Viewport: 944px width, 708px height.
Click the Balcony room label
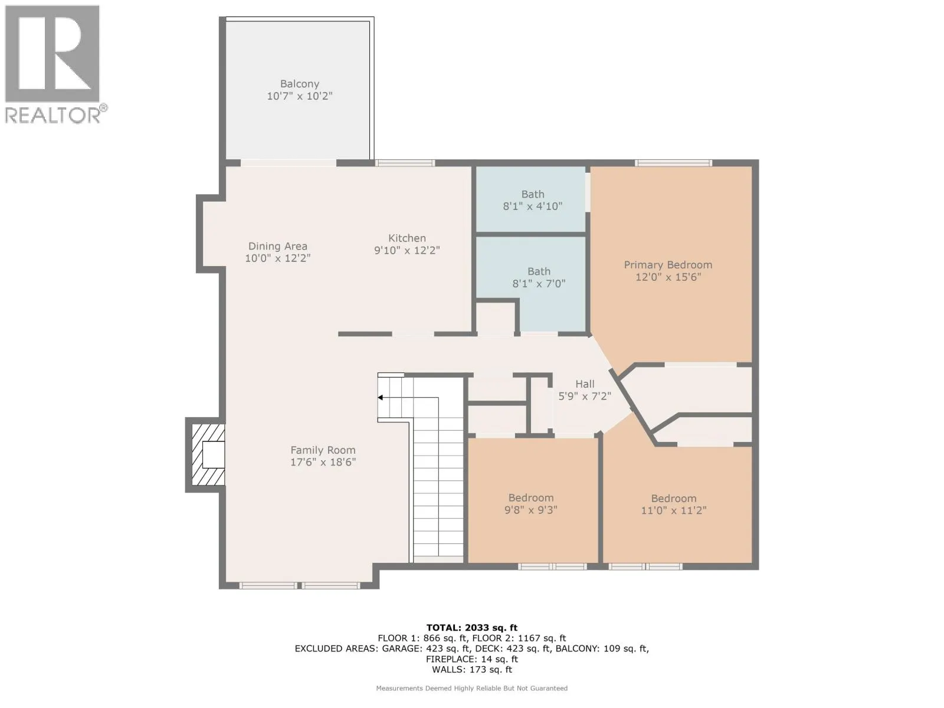(x=299, y=84)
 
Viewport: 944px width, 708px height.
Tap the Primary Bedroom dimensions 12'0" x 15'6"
(x=668, y=277)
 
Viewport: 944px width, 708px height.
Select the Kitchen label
(x=407, y=238)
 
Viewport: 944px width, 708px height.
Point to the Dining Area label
(x=278, y=246)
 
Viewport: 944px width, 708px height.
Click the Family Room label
(x=323, y=450)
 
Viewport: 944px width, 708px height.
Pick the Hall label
(x=585, y=384)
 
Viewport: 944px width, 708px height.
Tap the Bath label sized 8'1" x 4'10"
(x=533, y=194)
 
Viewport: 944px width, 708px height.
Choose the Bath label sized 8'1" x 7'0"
(x=539, y=271)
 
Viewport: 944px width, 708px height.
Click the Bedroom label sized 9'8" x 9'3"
(x=530, y=498)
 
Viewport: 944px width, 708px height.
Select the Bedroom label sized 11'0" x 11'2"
(x=674, y=499)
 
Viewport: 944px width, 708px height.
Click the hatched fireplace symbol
(x=208, y=455)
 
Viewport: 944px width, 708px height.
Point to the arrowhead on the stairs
(x=380, y=398)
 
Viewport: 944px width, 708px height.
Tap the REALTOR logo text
(x=53, y=115)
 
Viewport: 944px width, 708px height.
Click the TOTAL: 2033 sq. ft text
(x=472, y=628)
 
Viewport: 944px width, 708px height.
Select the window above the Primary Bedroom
(x=674, y=163)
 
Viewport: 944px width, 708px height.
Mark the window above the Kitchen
(x=405, y=163)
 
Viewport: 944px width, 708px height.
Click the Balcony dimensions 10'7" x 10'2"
(x=299, y=96)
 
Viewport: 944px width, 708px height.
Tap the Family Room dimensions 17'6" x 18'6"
(x=323, y=462)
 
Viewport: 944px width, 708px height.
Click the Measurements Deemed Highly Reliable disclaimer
(x=472, y=688)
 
